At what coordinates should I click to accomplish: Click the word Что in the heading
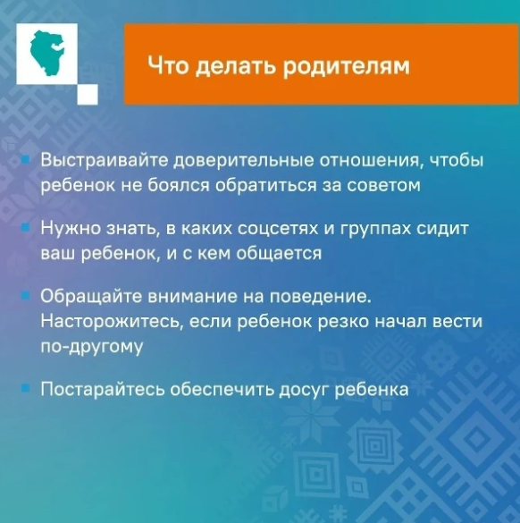pos(165,66)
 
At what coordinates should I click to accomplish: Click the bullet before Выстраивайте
pos(25,162)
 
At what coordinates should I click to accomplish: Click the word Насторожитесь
pos(103,321)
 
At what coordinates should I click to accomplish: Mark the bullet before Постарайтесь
pos(25,389)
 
